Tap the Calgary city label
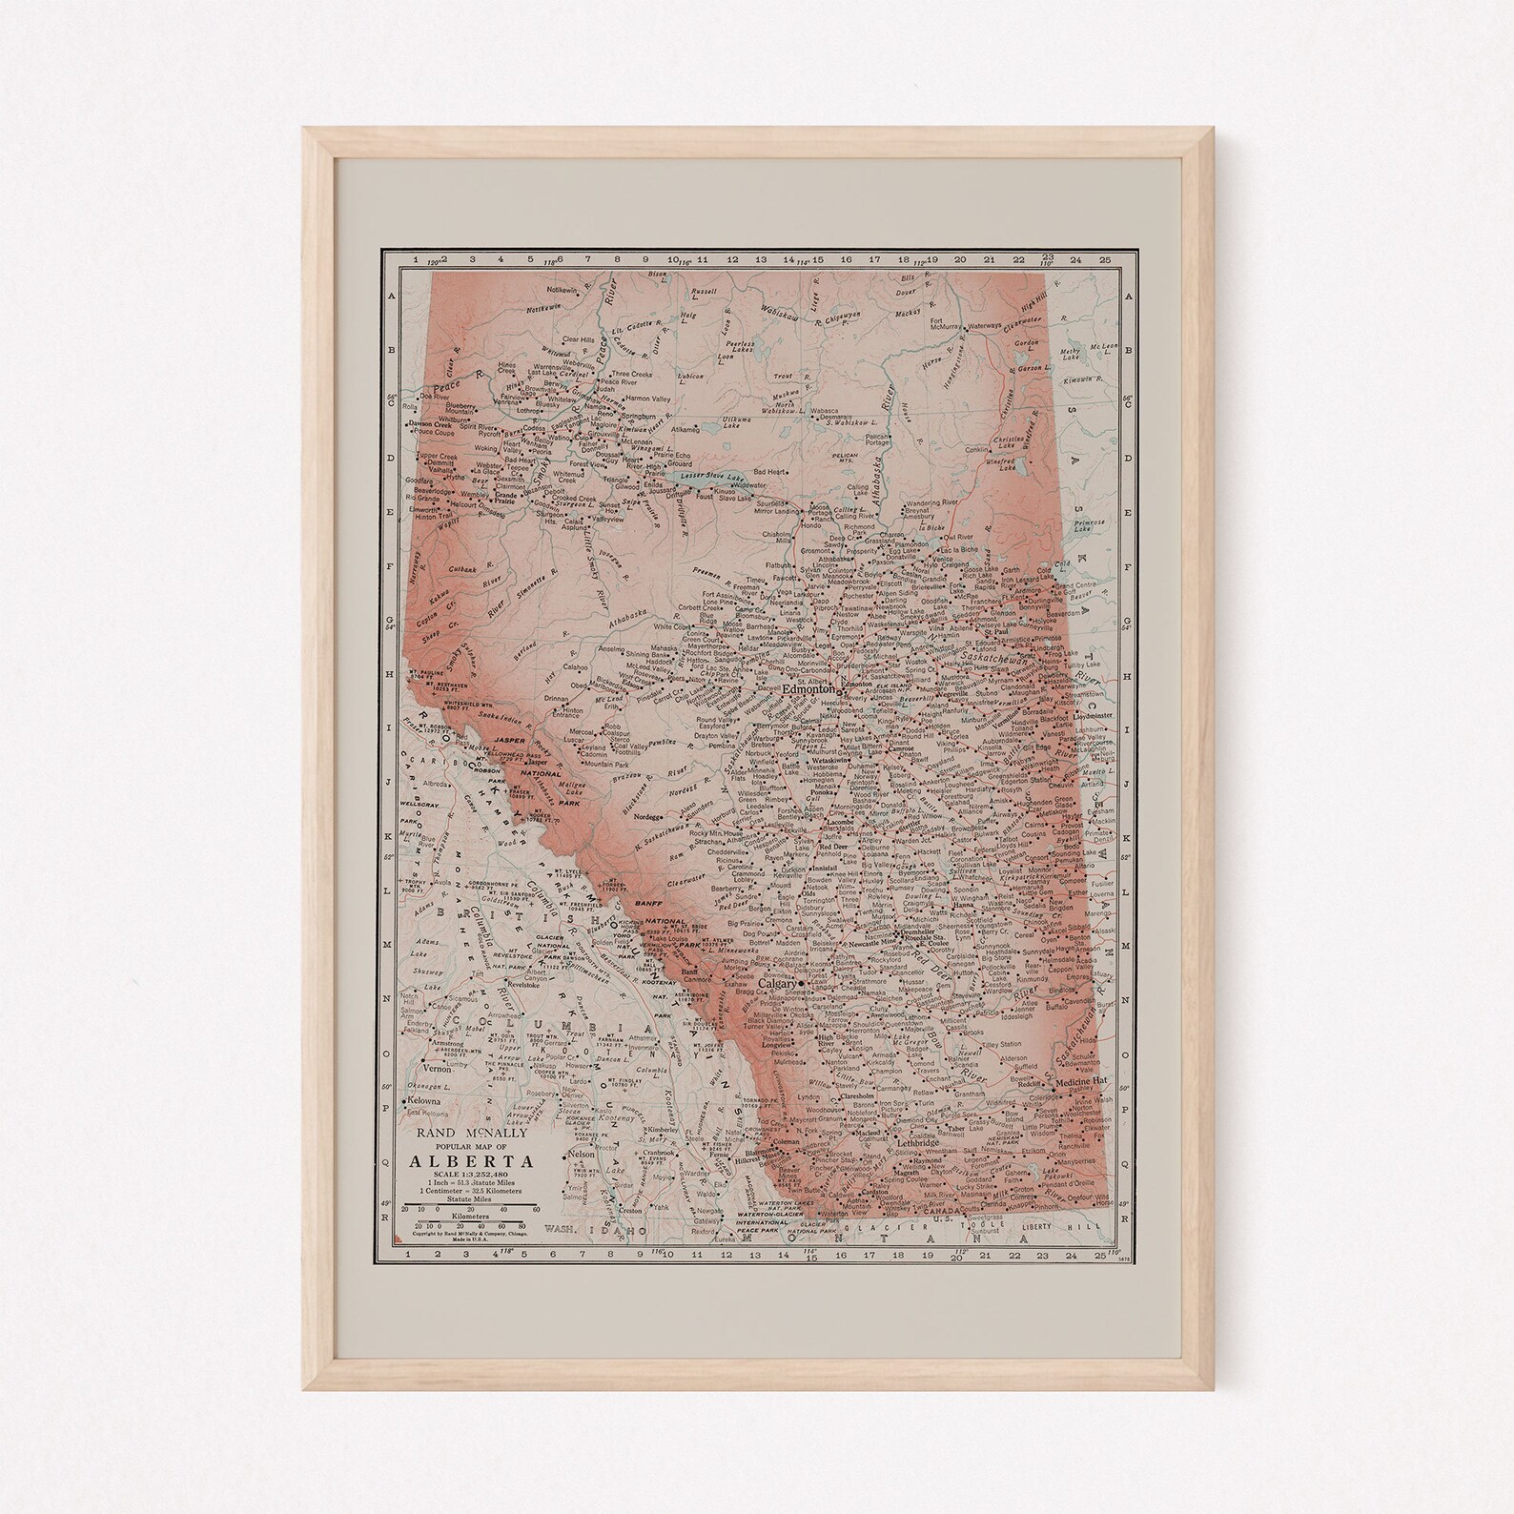point(777,983)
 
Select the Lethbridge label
point(917,1141)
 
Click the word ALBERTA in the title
point(472,1161)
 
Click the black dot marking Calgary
point(802,982)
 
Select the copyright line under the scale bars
point(472,1231)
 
